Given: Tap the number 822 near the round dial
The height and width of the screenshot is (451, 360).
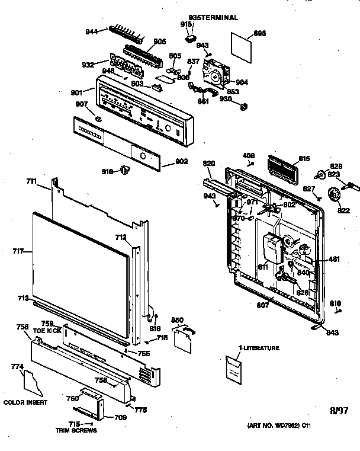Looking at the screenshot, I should point(343,210).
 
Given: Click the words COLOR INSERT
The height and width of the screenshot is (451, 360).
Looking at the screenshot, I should point(21,402).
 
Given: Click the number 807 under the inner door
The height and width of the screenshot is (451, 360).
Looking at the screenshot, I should point(262,305).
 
